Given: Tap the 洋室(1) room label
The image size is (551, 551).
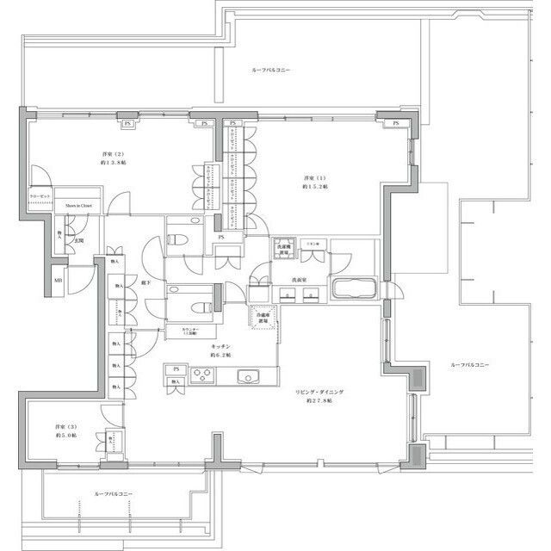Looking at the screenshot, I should [x=312, y=178].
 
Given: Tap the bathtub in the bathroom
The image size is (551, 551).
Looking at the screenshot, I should [x=353, y=288].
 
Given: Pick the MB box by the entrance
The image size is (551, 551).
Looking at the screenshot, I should [x=59, y=280].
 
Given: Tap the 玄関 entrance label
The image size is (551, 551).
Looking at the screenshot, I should [x=78, y=240].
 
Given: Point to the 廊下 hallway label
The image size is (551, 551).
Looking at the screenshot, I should [x=147, y=282].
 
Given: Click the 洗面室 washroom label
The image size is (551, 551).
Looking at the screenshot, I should [x=300, y=281].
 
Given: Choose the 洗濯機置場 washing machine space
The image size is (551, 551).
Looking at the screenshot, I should [x=285, y=249].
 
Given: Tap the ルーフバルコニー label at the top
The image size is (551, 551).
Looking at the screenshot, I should [x=271, y=69].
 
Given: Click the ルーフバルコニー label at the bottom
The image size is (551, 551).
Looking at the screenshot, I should [x=114, y=494].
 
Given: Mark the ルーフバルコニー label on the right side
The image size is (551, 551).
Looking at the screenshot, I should [x=469, y=365].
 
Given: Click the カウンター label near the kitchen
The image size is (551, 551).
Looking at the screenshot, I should [x=191, y=331].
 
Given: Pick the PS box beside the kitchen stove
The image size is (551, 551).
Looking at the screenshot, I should [x=176, y=370].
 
